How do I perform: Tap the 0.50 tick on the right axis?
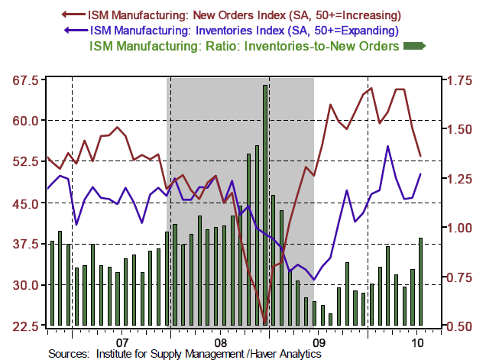(458, 326)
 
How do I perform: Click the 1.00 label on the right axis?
(458, 227)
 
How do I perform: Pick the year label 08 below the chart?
(219, 342)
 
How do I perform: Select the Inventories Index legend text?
(245, 31)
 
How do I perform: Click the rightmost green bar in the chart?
(420, 281)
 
